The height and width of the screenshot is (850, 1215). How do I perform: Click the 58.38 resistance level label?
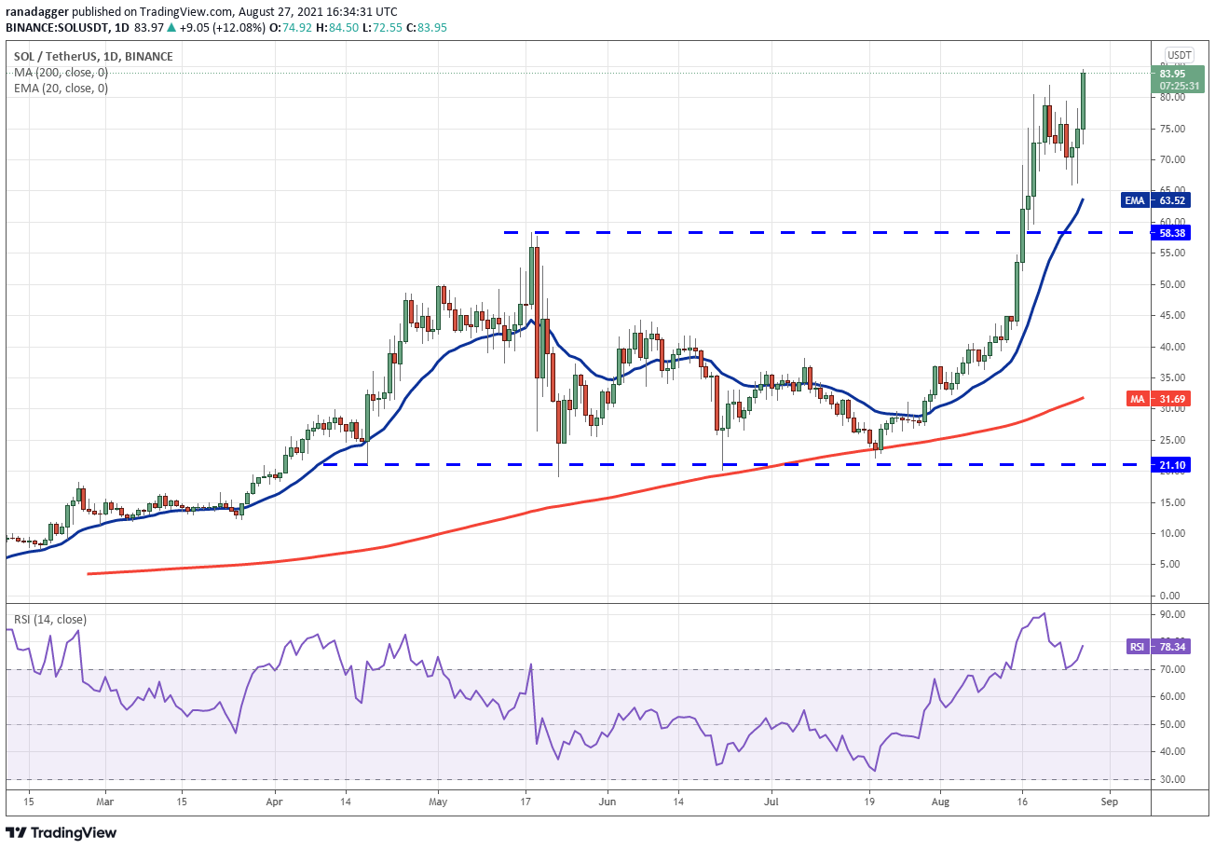pos(1172,232)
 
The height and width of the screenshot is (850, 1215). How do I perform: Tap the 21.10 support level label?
pos(1172,463)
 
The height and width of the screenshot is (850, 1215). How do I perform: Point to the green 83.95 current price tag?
pos(1172,74)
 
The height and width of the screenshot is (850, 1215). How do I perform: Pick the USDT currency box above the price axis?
pos(1179,54)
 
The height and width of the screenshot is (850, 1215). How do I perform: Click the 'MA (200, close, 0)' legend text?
pos(61,72)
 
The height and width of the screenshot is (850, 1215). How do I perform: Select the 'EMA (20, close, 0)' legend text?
pos(61,89)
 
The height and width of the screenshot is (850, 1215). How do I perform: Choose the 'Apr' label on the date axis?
pos(275,801)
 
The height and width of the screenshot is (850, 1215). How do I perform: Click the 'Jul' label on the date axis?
pos(771,801)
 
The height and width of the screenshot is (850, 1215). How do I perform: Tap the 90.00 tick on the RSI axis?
pos(1172,614)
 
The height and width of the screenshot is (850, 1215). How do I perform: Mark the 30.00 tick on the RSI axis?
pos(1172,779)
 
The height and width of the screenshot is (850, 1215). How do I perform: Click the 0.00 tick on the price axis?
pos(1170,596)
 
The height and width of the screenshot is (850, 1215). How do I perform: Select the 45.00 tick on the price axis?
pos(1172,315)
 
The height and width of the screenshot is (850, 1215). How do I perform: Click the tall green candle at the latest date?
pos(1084,101)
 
